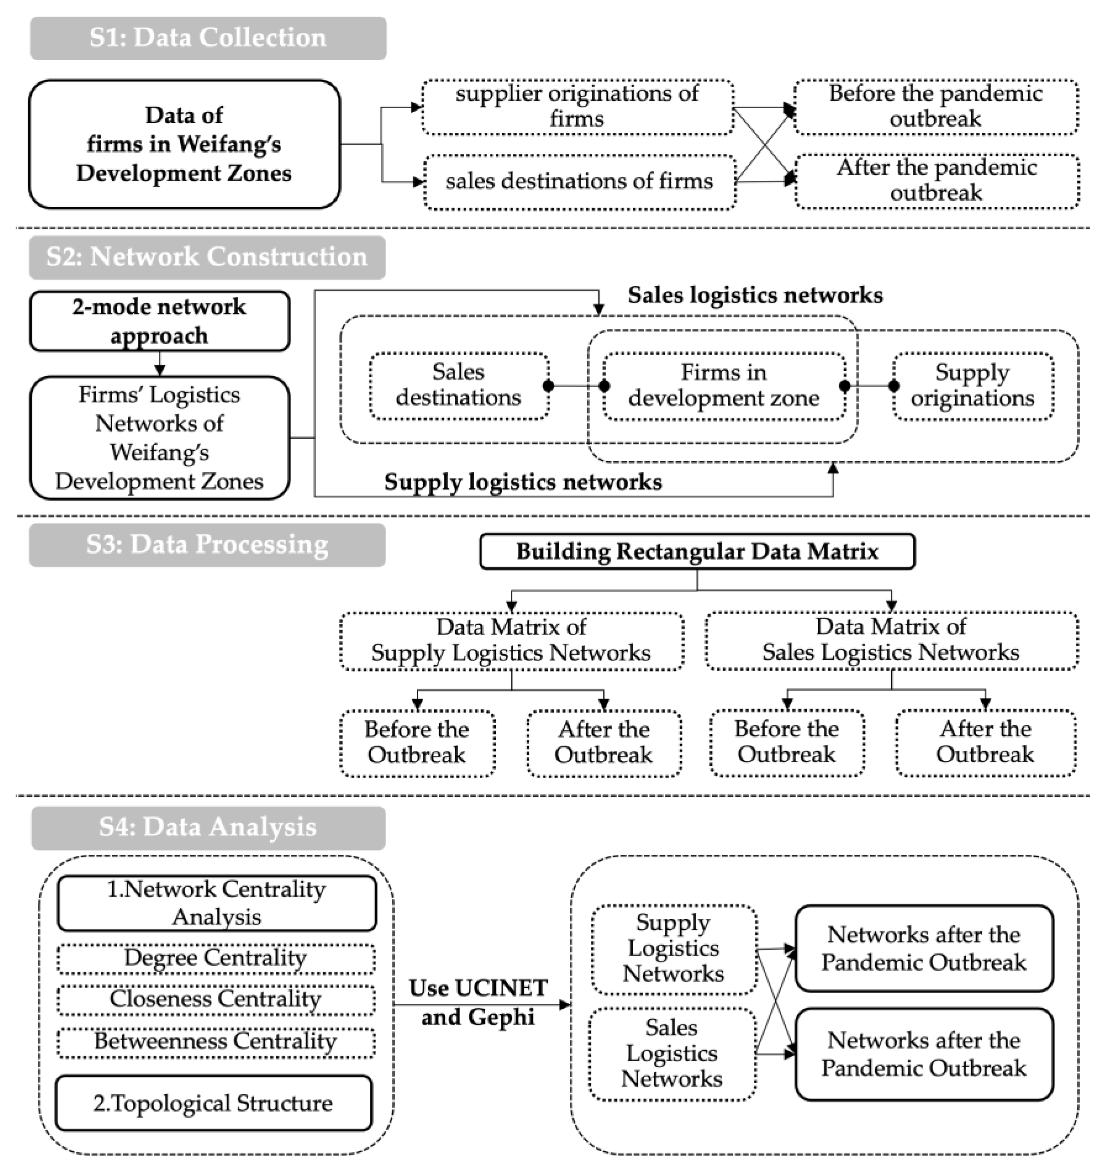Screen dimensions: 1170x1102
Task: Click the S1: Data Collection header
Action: click(208, 38)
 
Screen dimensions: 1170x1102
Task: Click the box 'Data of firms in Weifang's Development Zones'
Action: click(184, 144)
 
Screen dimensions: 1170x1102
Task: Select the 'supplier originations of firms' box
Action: click(577, 106)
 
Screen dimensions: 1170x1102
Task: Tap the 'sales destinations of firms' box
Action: click(579, 181)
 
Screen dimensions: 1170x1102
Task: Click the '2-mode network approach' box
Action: click(160, 321)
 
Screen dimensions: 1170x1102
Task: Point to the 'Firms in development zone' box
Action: click(724, 386)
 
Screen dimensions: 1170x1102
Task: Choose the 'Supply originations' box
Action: click(972, 386)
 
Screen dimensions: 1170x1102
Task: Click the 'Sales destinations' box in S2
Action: click(458, 386)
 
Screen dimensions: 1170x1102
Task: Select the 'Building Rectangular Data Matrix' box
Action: click(697, 551)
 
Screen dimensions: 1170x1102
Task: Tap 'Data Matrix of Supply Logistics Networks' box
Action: click(511, 641)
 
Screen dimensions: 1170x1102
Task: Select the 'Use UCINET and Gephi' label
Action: click(478, 1003)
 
